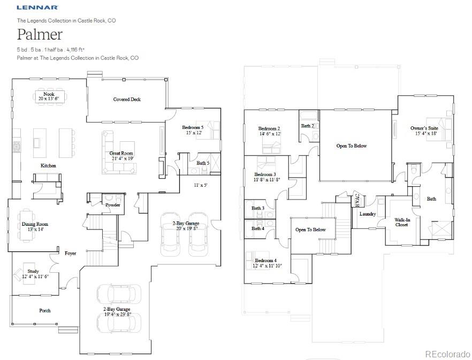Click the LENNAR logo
[37, 7]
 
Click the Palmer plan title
[40, 35]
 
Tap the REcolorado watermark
[447, 354]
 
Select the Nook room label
[49, 94]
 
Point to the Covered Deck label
[127, 99]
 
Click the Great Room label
[121, 153]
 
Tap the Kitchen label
[48, 166]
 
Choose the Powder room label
[112, 205]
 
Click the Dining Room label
[35, 224]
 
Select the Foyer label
[71, 253]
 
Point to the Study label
[33, 271]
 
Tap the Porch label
[45, 310]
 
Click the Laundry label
[368, 214]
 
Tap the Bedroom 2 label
[269, 128]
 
